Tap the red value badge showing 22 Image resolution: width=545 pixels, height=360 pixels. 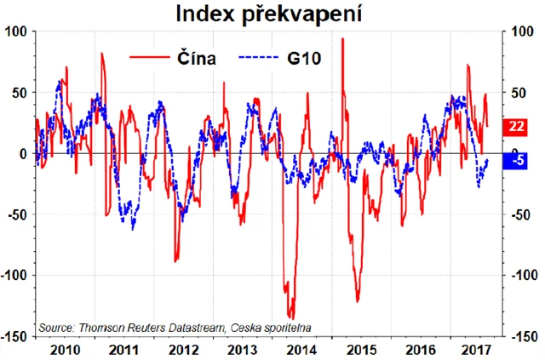click(516, 127)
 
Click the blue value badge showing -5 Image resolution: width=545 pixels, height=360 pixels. click(516, 159)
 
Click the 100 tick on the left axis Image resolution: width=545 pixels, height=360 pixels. click(18, 31)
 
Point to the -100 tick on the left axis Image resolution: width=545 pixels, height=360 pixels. click(14, 276)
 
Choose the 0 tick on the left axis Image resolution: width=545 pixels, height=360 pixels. click(24, 153)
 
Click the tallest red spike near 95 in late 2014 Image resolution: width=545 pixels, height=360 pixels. click(342, 39)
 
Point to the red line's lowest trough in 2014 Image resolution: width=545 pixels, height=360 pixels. click(290, 317)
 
